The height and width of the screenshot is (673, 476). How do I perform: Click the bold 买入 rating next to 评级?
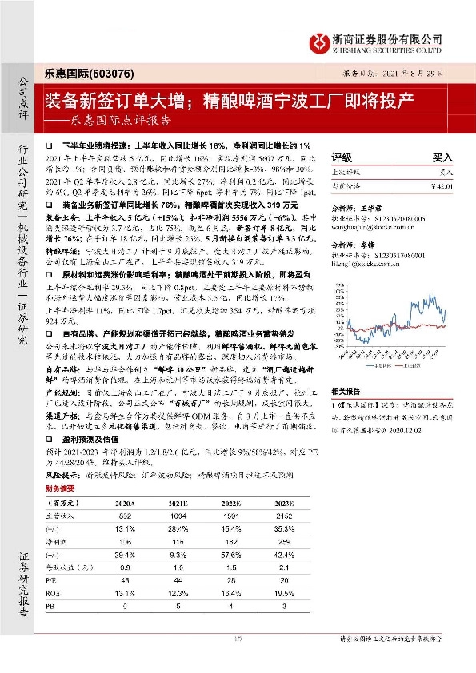coord(442,158)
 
